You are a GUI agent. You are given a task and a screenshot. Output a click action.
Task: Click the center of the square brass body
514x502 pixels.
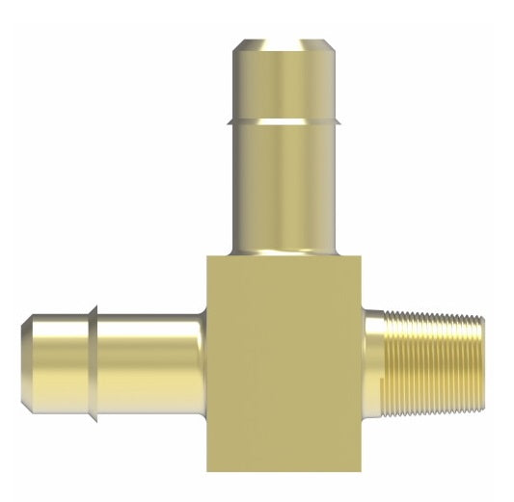(x=284, y=363)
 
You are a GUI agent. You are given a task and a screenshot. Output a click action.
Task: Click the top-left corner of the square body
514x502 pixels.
(x=207, y=255)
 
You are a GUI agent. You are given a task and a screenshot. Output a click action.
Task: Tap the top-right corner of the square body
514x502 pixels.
(x=363, y=255)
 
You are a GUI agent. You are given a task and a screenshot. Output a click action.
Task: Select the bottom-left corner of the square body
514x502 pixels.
(x=207, y=471)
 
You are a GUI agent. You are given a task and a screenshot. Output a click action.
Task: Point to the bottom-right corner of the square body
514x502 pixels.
(x=363, y=471)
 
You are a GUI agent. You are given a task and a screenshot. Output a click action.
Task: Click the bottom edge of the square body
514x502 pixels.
(x=284, y=471)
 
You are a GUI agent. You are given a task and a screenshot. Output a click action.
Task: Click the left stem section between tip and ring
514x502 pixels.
(x=58, y=363)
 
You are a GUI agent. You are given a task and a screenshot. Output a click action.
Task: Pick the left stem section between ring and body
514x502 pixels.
(x=149, y=363)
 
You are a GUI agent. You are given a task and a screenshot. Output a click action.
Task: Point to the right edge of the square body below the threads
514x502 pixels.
(x=363, y=443)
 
